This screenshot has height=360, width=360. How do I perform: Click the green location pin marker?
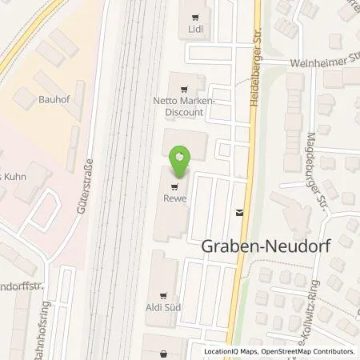182,160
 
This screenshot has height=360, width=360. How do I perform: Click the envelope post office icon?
238,213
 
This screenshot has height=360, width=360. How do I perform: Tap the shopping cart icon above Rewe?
175,188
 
